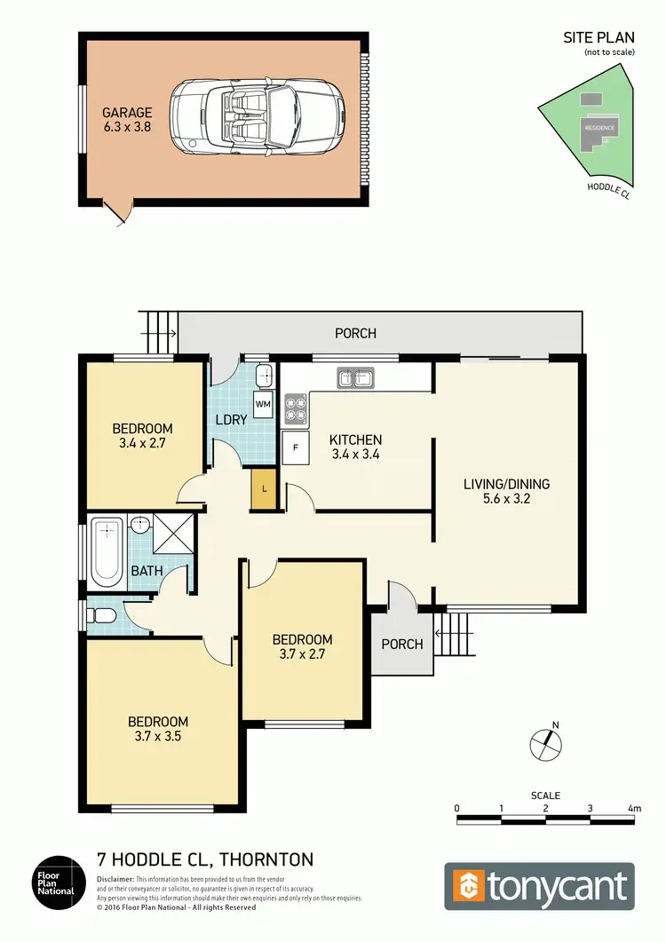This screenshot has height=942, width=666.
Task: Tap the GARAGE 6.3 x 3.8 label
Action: point(127,120)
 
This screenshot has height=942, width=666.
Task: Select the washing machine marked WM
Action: point(263,405)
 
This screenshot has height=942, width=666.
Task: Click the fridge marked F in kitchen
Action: point(294,447)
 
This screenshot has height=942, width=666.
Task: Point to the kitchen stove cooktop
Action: point(295,408)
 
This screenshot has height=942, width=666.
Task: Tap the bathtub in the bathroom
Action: point(107,553)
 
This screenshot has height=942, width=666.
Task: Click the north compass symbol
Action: point(546,744)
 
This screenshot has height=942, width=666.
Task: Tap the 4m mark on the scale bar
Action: point(633,809)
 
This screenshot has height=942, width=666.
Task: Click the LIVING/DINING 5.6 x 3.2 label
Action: point(506,491)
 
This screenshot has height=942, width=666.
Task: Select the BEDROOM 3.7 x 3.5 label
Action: point(158,728)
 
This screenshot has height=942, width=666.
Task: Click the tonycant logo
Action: point(539,886)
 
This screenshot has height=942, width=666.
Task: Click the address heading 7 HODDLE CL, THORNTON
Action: point(204,859)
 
